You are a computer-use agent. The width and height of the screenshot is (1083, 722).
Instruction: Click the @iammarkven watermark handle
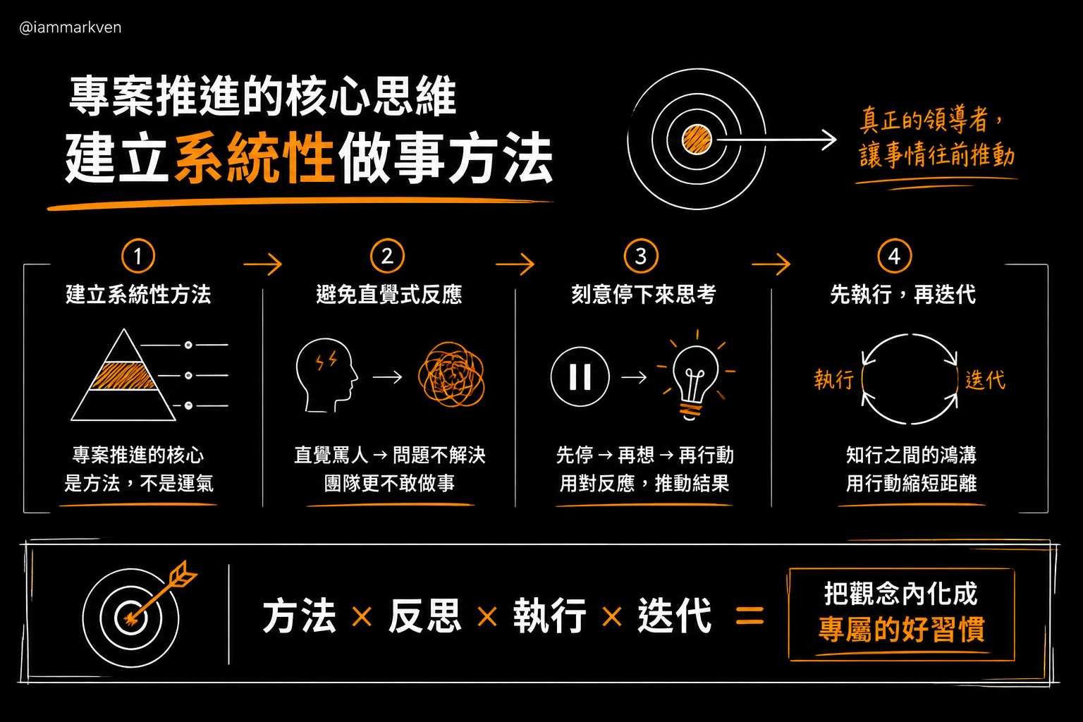point(70,27)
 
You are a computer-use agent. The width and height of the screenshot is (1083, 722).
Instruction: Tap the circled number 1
point(138,256)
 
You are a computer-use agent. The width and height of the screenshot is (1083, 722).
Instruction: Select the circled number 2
point(387,256)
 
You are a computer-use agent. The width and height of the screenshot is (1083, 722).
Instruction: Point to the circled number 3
point(641,256)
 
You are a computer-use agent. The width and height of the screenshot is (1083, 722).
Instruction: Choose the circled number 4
point(895,256)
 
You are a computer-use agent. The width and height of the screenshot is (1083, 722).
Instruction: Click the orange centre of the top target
point(697,140)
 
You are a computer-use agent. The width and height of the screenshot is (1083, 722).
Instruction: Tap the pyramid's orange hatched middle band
point(124,376)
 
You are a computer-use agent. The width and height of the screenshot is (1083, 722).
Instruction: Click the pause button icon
point(580,377)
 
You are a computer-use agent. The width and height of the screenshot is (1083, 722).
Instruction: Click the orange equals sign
point(750,616)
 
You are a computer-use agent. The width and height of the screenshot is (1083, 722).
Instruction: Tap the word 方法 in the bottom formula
point(299,615)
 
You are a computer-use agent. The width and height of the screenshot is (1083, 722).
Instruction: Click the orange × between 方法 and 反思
point(362,617)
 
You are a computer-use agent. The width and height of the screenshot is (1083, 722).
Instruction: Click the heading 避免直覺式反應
point(389,294)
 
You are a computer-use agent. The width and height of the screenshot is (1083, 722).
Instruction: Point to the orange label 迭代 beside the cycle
point(985,379)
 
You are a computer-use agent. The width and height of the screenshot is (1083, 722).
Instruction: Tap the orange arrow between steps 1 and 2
point(262,264)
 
